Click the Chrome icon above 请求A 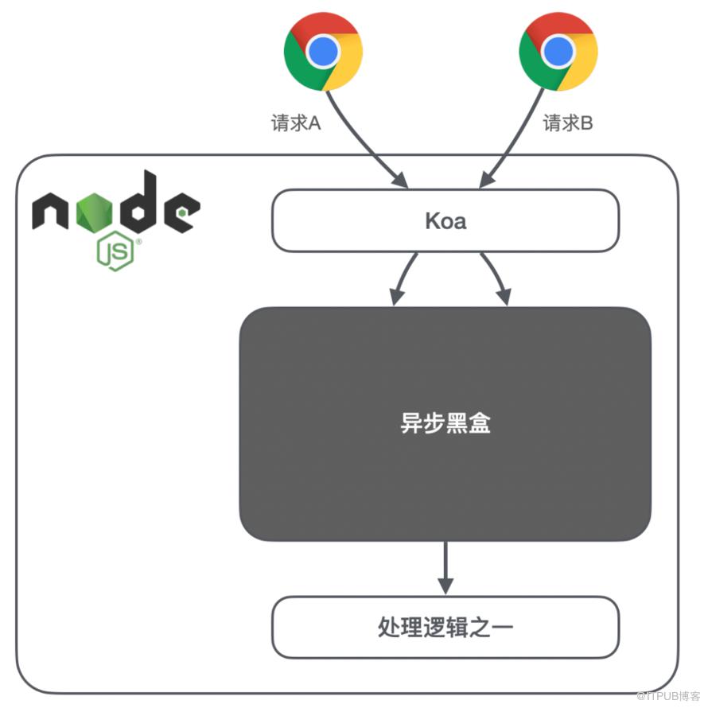(x=323, y=52)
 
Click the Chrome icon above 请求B (x=558, y=52)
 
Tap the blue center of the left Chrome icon (x=322, y=52)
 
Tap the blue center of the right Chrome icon (x=558, y=52)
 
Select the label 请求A (x=296, y=123)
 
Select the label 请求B (x=567, y=123)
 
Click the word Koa (x=445, y=221)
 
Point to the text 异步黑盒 (x=445, y=423)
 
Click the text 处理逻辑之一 (x=445, y=627)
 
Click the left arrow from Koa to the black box (x=403, y=276)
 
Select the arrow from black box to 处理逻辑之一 (x=445, y=568)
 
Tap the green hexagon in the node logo (x=94, y=211)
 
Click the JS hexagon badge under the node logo (x=115, y=251)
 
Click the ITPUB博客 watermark (x=668, y=696)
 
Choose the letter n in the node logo (x=50, y=211)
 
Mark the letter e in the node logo (x=181, y=212)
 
